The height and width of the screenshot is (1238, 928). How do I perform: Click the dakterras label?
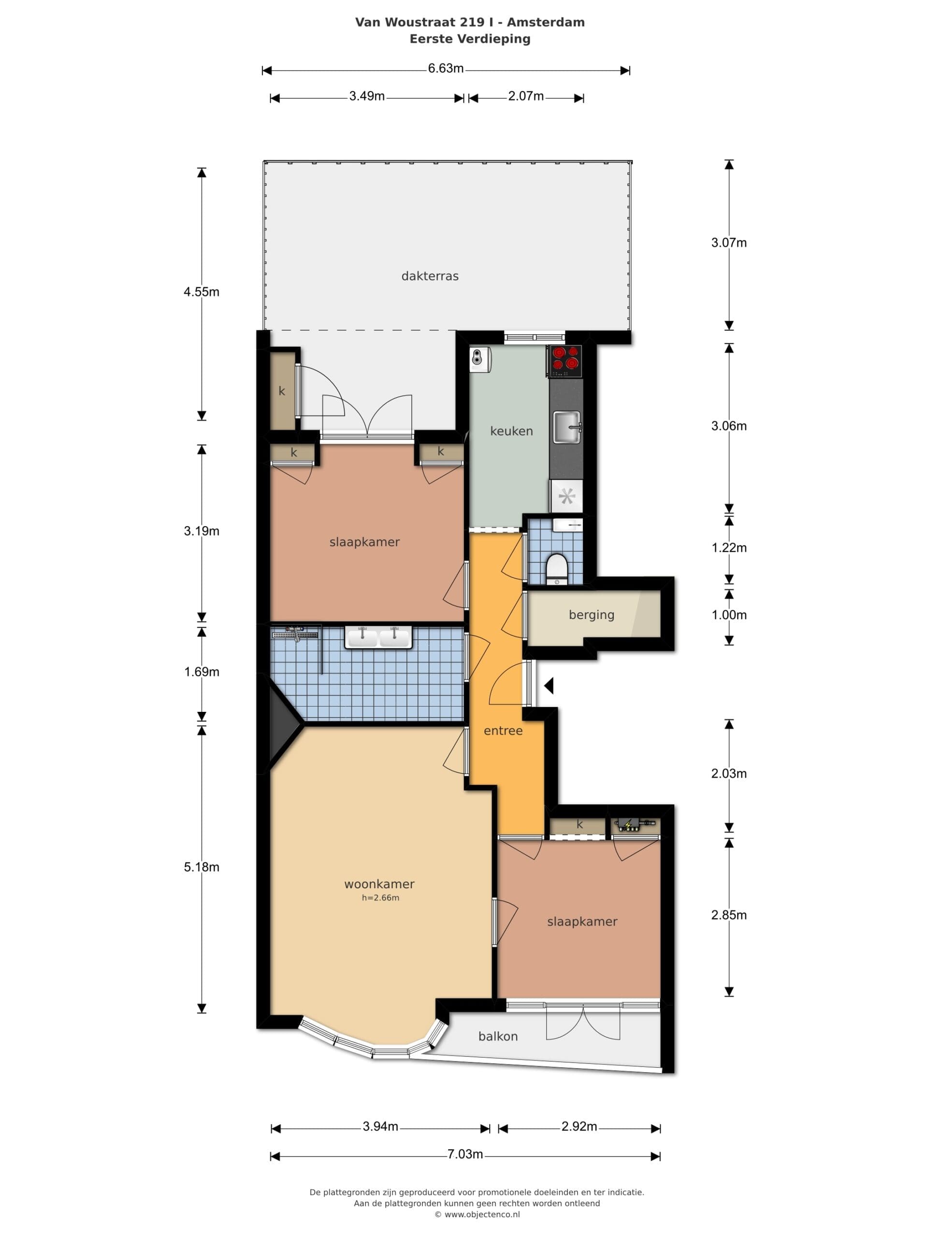(x=430, y=276)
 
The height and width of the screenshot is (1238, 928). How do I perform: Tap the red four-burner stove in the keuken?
(x=565, y=360)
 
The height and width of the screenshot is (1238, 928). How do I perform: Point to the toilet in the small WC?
(x=557, y=569)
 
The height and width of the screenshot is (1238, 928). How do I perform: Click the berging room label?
(x=591, y=615)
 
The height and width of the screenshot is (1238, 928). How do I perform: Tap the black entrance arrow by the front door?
(x=549, y=685)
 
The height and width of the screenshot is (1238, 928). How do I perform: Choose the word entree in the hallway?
(x=503, y=730)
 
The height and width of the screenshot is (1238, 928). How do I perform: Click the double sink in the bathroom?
(x=378, y=637)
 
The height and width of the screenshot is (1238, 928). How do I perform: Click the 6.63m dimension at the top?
(x=446, y=68)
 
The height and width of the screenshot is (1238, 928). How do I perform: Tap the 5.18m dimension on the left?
(x=202, y=867)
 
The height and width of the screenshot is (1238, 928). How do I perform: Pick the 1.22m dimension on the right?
(x=729, y=547)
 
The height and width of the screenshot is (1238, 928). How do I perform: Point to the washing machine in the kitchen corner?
(x=480, y=359)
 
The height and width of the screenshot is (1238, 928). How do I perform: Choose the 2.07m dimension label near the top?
(x=526, y=96)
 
